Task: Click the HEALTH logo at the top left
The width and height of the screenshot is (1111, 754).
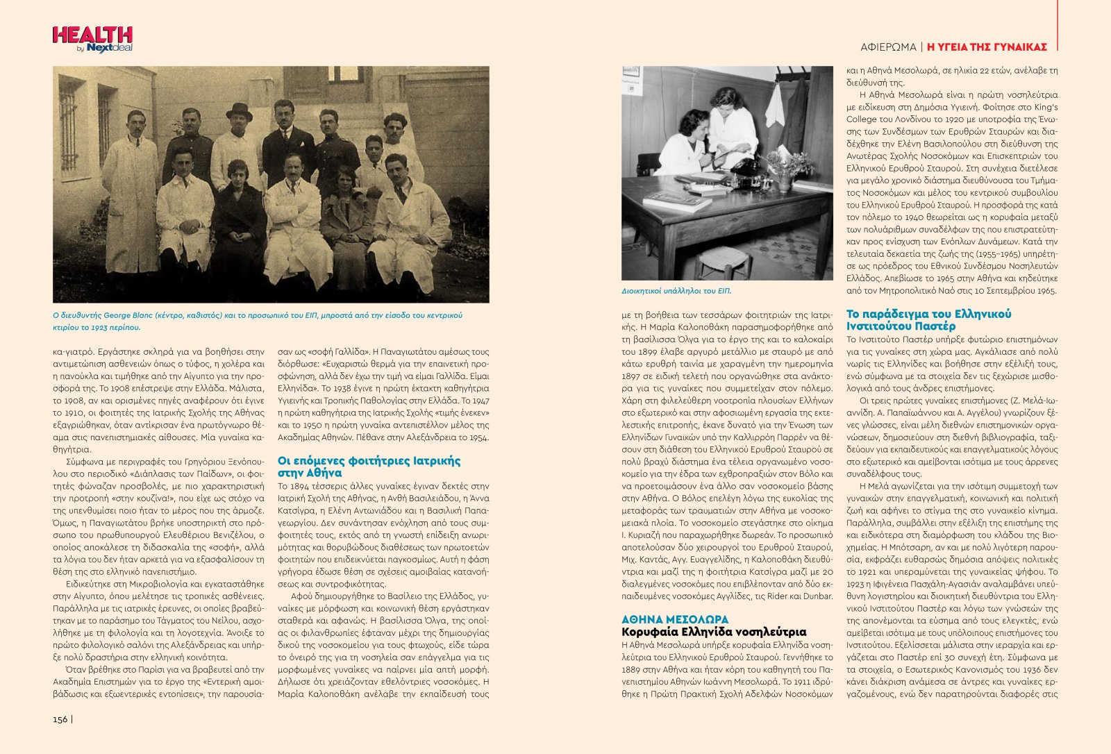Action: coord(92,35)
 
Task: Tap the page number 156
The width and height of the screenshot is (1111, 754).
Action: coord(60,719)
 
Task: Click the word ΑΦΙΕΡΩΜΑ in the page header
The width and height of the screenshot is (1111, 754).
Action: coord(887,47)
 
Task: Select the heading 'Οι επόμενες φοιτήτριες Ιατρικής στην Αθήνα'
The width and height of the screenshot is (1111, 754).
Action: coord(369,467)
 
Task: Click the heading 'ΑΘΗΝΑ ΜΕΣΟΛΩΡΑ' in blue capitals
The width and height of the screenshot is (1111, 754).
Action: coord(674,619)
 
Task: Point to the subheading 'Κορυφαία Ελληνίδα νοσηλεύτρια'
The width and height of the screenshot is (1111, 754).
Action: coord(713,632)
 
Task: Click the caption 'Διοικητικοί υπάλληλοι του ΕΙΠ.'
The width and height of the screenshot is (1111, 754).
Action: coord(676,292)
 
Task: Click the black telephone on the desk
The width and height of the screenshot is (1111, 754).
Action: coord(744,166)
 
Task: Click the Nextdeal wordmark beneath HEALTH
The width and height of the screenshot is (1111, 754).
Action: coord(109,48)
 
